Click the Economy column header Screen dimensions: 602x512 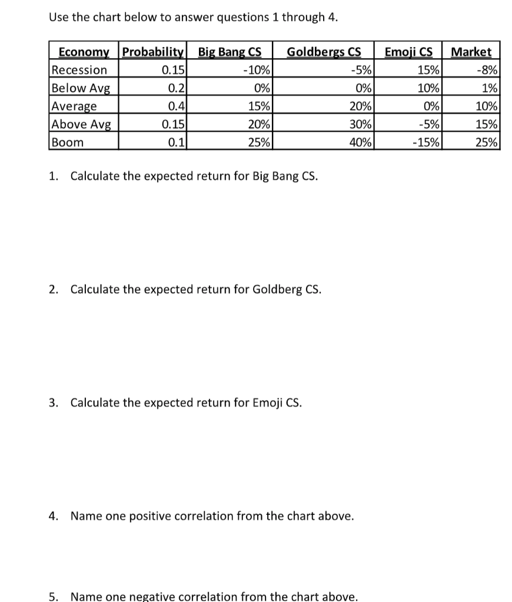click(84, 52)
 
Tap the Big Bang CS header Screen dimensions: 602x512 click(230, 52)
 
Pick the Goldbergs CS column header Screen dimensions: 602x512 click(323, 52)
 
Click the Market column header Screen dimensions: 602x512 click(471, 52)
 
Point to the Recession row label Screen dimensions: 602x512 click(79, 70)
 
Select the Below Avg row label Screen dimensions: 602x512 click(77, 88)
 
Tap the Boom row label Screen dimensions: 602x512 click(67, 142)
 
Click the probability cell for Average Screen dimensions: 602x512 click(175, 106)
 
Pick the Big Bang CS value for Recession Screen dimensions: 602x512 click(257, 70)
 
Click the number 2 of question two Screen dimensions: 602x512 click(53, 289)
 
